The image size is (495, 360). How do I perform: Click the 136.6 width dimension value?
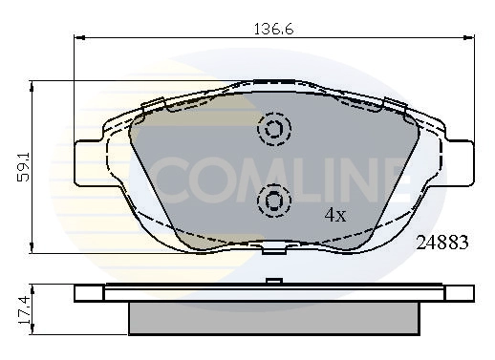click(x=273, y=30)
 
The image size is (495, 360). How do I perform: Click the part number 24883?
click(x=441, y=243)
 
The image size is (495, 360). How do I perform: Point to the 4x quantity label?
click(x=334, y=214)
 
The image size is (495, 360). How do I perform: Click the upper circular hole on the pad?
click(x=274, y=129)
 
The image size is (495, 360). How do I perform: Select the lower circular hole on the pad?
click(x=274, y=200)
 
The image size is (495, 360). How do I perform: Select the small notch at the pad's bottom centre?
click(x=274, y=249)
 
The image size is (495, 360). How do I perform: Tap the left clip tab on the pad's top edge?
click(x=151, y=104)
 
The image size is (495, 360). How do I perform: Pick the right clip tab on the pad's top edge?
click(x=395, y=104)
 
